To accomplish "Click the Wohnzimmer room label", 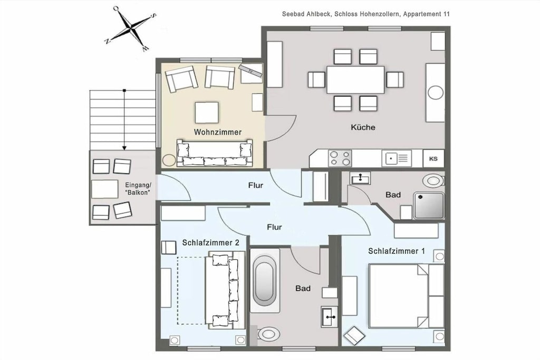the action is pos(218,132).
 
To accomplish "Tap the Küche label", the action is pos(363,128).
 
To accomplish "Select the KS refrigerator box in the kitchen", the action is pos(433,159).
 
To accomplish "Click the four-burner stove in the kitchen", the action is pos(340,158).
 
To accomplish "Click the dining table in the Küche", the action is pos(355,80).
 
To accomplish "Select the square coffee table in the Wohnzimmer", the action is pos(207,113).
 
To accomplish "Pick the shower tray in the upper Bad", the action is pos(429,206).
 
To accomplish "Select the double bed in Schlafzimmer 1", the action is pos(406,296).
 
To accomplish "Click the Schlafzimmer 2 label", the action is pos(211,243).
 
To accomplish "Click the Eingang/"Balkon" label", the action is pos(138,189).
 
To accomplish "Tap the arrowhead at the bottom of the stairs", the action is pos(124,148).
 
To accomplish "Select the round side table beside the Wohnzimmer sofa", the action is pos(169,160).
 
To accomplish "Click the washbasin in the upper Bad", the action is pos(360,178).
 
